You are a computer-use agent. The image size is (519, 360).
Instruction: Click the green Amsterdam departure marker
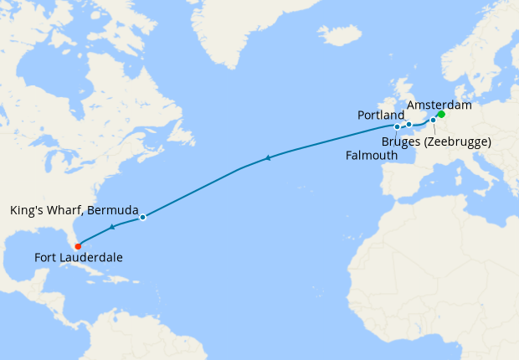[441, 115]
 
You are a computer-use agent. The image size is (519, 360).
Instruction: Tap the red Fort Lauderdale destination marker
[78, 246]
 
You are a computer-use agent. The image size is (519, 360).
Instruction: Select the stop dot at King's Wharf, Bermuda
[143, 218]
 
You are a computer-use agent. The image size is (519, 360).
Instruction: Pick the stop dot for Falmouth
[397, 127]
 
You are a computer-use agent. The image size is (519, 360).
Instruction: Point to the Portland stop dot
[409, 125]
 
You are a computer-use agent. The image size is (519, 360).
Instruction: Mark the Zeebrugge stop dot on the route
[433, 121]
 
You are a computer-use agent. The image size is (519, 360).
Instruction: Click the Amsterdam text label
[439, 105]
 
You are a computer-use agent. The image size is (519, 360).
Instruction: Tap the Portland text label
[381, 114]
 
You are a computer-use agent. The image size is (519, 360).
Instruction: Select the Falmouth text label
[372, 156]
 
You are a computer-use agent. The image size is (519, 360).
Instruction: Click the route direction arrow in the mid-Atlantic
[267, 157]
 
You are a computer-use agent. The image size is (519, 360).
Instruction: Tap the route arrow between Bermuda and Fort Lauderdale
[112, 227]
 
